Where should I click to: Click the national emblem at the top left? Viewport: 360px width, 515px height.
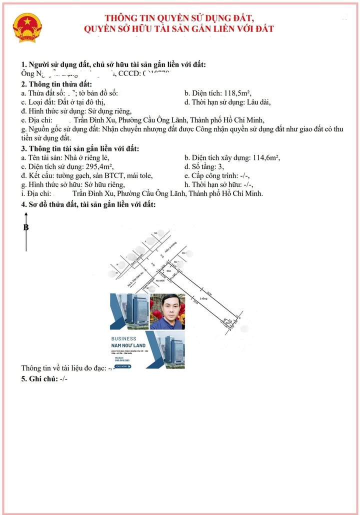(x=28, y=28)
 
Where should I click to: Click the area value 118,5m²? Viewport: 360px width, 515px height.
(x=237, y=93)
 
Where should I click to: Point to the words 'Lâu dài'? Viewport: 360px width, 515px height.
(x=258, y=102)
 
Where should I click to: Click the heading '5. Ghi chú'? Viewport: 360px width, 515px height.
(x=44, y=378)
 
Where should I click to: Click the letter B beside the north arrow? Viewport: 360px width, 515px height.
(x=26, y=227)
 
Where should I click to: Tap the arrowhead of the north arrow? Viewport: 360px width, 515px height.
(x=26, y=214)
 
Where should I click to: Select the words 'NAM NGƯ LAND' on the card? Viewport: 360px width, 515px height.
(x=128, y=345)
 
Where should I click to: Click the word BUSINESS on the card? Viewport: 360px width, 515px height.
(x=123, y=338)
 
